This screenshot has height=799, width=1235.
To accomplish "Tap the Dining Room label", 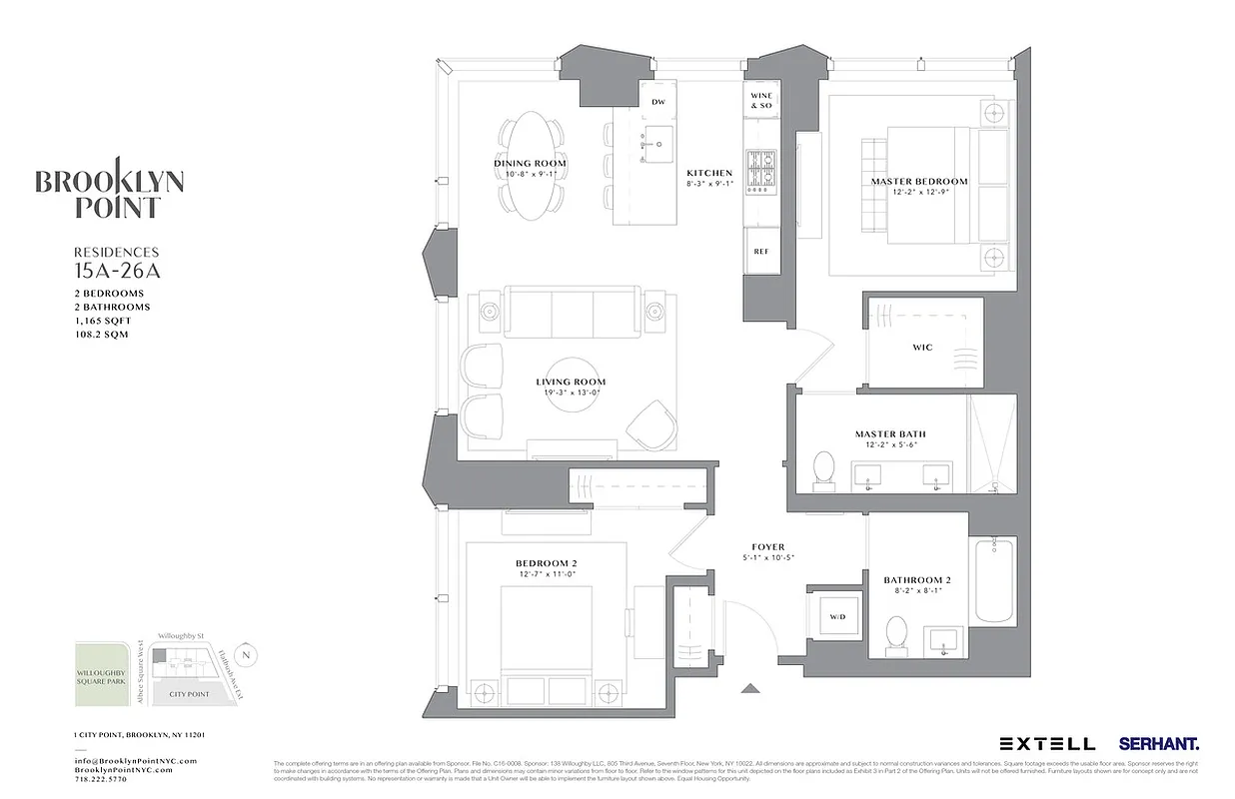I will click(530, 163).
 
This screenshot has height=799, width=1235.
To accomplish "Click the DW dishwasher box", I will click(657, 103).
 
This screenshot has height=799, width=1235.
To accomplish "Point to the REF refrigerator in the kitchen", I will click(761, 252).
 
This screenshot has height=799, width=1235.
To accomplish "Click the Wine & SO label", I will click(761, 100).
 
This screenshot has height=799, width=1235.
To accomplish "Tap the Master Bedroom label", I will click(919, 182).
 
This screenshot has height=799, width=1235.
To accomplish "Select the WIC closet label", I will click(922, 348).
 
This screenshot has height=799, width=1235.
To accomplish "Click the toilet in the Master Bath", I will click(824, 469).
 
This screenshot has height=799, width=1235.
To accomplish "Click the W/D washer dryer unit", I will click(836, 617).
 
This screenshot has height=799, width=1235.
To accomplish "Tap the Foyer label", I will click(768, 547).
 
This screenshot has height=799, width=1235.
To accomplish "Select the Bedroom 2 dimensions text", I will click(546, 575).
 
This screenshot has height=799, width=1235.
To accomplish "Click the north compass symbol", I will click(249, 655).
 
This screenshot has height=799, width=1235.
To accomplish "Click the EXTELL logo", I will click(1047, 743).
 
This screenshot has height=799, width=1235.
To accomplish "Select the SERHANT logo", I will click(1159, 743).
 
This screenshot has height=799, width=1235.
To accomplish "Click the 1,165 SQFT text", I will click(103, 321).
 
